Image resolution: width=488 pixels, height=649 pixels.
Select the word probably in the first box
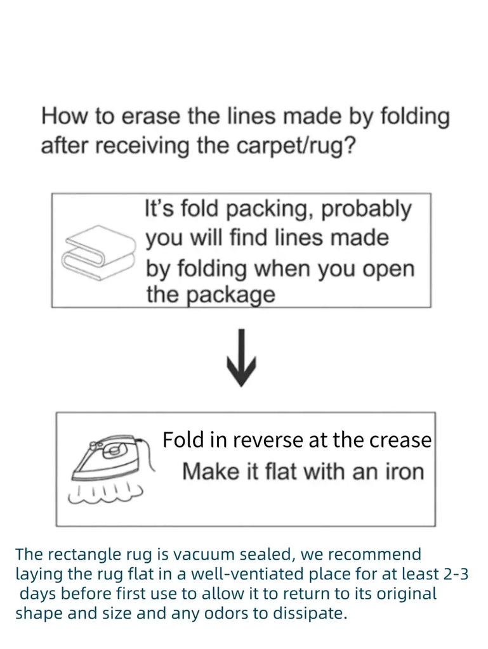point(367,209)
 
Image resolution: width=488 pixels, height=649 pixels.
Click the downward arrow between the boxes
point(241,359)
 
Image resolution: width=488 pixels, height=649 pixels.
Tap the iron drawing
point(109,458)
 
